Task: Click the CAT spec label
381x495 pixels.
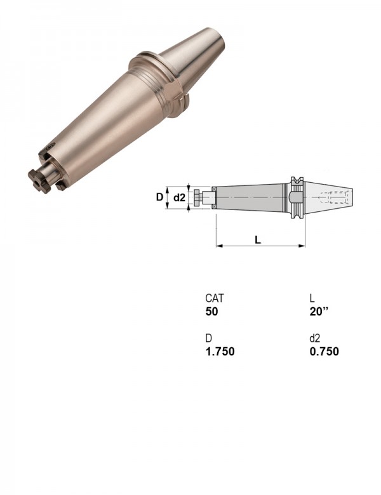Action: coord(214,298)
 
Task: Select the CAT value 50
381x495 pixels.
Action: coord(211,311)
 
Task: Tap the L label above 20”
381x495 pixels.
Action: coord(312,298)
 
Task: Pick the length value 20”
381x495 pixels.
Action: coord(319,311)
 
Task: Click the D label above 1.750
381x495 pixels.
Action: coord(208,338)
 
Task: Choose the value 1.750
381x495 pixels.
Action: coord(220,352)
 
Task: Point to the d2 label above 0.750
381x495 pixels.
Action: coord(315,338)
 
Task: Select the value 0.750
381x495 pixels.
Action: coord(324,352)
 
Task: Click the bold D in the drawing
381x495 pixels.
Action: coord(159,197)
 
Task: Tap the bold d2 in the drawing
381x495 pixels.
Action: coord(180,198)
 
